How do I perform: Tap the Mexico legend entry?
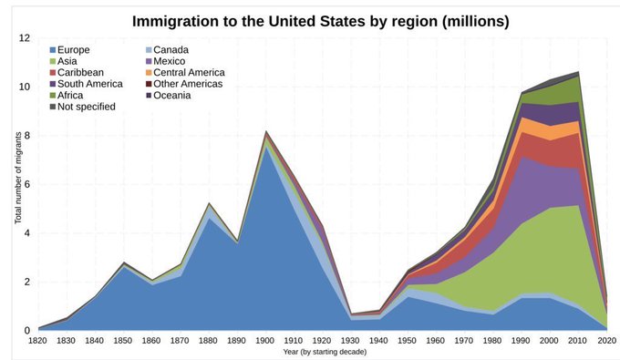coord(170,60)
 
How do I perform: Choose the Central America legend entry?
coord(189,72)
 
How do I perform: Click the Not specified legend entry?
coord(88,108)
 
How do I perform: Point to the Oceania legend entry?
coord(172,96)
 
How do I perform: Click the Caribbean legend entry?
coord(82,72)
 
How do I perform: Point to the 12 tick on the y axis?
coord(25,38)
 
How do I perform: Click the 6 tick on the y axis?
coord(27,184)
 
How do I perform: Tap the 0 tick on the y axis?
coord(27,330)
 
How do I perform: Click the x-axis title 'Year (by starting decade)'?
coord(322,352)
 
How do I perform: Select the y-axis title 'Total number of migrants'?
coord(17,184)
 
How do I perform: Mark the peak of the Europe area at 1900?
coord(265,148)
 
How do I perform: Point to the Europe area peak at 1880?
coord(209,217)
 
